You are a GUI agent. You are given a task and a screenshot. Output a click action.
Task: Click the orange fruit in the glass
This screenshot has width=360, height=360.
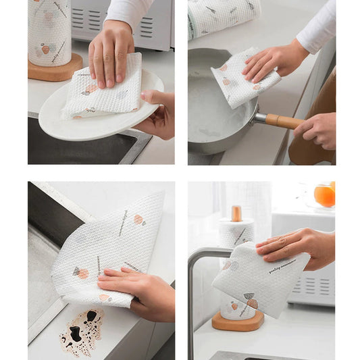coord(324,196)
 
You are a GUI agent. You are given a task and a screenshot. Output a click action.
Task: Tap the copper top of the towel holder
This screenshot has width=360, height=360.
coord(236,213)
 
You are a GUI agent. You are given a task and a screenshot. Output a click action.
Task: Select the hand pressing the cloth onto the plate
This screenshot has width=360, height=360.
coord(111,51)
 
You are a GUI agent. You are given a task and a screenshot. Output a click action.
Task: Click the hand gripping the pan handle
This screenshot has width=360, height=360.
coord(317,128)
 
